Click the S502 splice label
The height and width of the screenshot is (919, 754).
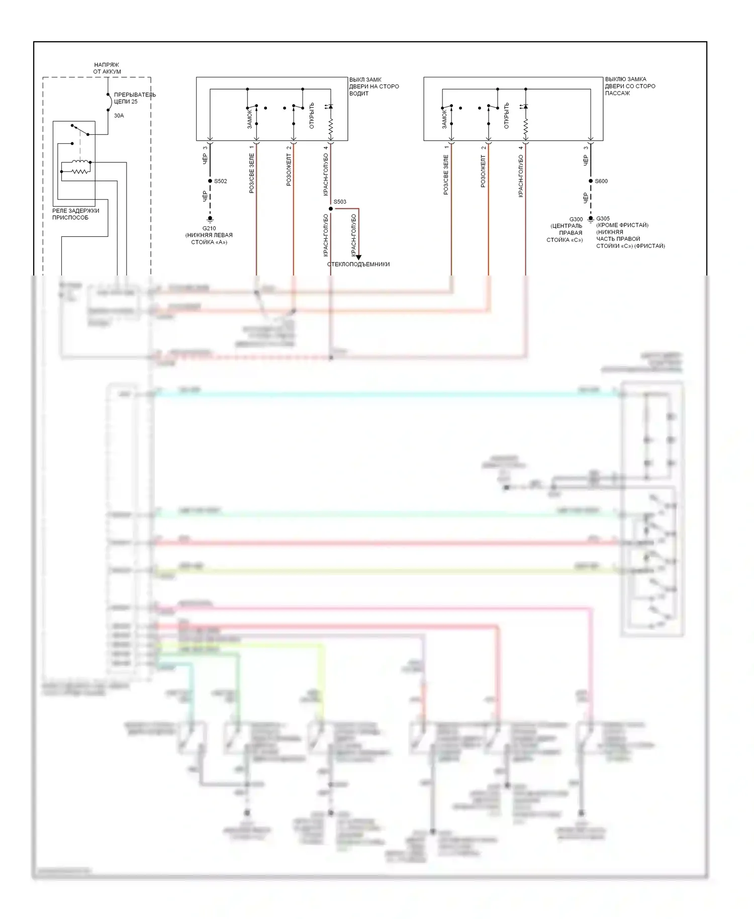tap(221, 181)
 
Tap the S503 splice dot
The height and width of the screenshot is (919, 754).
tap(331, 209)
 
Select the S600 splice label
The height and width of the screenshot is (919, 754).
tap(601, 181)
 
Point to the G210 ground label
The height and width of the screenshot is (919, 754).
tap(209, 228)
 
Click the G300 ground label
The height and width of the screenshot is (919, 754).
tap(576, 219)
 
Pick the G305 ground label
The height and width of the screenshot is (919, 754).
tap(603, 219)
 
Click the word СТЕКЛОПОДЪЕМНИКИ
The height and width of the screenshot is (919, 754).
tap(358, 264)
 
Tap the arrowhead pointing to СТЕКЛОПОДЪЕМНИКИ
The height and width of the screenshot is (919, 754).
tap(358, 257)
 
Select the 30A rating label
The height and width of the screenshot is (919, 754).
tap(119, 116)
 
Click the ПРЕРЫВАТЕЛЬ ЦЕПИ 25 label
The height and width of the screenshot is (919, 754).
tap(135, 98)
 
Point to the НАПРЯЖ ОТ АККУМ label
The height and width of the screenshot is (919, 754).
tap(107, 68)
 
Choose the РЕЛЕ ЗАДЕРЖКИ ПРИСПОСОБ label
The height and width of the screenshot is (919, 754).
tap(75, 214)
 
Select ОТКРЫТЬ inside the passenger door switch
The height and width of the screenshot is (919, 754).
tap(506, 116)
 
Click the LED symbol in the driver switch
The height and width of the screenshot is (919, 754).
tap(330, 107)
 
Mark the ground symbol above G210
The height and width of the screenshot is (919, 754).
tap(210, 219)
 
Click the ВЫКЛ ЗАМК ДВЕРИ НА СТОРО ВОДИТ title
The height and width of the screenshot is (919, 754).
tap(374, 86)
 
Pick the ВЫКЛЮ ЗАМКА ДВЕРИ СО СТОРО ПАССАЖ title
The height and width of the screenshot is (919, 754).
tap(630, 86)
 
